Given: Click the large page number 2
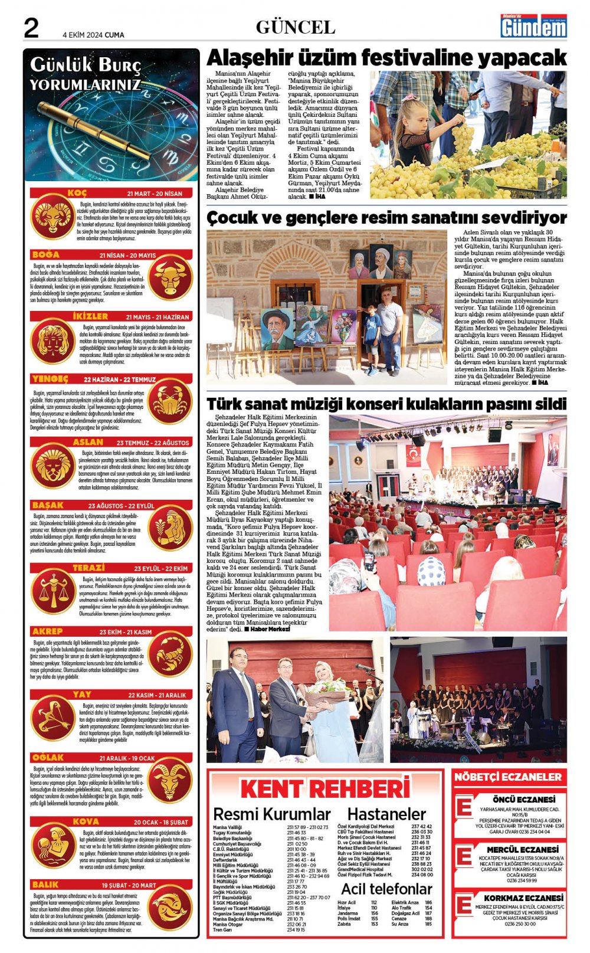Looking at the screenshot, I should point(31,28).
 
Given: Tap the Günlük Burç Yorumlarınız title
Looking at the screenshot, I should point(86,74).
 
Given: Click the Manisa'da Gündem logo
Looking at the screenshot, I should point(533,27).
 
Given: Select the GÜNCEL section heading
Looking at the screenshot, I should point(295,27).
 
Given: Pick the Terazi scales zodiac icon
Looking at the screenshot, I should point(51,591).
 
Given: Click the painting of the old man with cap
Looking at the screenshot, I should point(277,329).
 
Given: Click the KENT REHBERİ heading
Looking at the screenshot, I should point(324,789).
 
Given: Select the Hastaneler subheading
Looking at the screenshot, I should point(386,814).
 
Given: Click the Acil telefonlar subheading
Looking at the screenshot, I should point(386,889).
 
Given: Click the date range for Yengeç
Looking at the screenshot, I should point(120,379).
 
